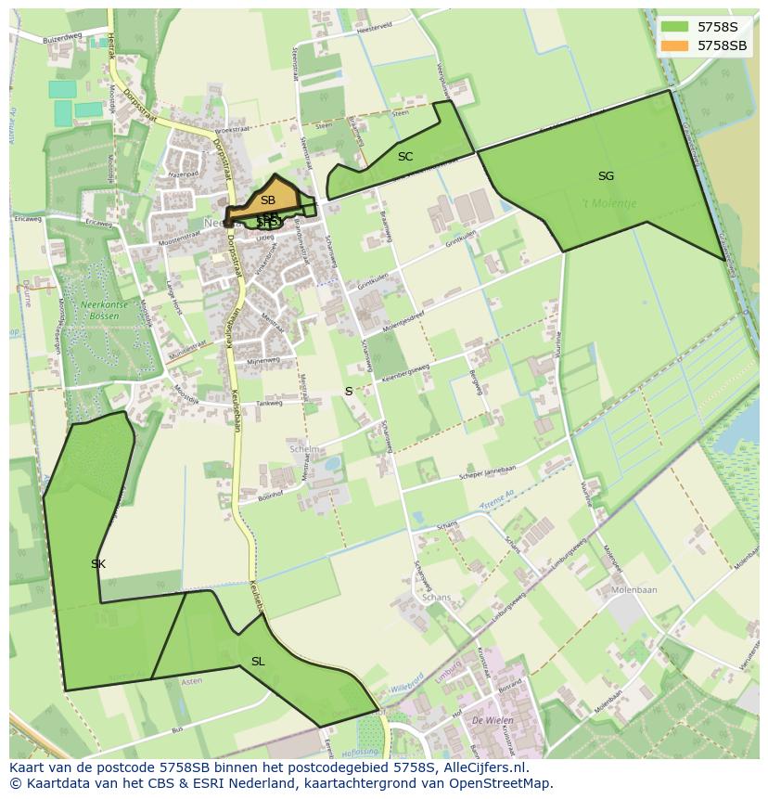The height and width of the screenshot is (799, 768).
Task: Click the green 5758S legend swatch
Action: point(675,27)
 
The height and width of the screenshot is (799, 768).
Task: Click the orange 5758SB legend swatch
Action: point(675,45)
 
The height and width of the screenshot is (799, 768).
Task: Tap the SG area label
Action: point(606,175)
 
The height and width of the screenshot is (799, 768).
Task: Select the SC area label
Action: point(405,156)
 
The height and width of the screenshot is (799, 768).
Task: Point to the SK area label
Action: point(98,563)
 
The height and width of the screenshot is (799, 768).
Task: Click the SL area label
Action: point(258,661)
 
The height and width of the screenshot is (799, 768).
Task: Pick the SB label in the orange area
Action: point(267,200)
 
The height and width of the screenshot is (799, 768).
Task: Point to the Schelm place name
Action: point(304,448)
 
